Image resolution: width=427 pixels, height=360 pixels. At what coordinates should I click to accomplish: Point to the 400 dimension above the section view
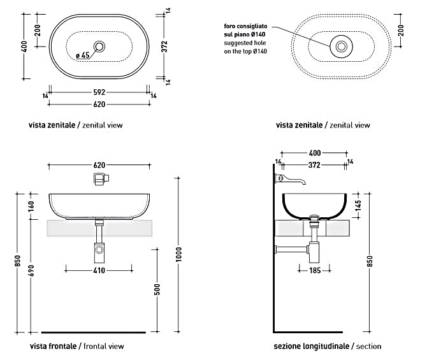click(x=314, y=154)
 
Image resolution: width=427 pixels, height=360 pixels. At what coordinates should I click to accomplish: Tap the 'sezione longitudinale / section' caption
click(x=327, y=346)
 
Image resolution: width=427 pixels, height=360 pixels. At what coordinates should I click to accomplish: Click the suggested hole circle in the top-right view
click(x=342, y=46)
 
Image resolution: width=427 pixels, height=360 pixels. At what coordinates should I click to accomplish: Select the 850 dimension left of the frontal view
click(x=18, y=261)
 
